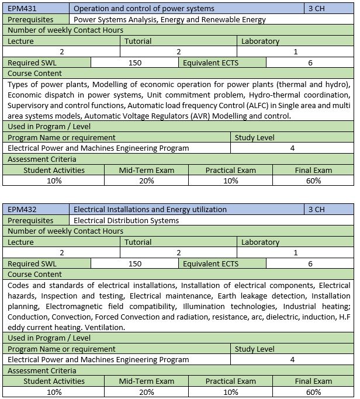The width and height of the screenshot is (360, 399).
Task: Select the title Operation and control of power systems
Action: point(144,9)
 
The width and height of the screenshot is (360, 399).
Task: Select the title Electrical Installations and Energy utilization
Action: point(150,209)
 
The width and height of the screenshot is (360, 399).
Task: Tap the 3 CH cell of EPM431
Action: point(316,9)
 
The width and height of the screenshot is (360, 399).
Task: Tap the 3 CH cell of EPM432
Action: point(316,209)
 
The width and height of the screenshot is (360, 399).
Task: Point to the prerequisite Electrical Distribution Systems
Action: point(126,220)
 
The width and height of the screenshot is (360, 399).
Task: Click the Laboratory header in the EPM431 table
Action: point(260,41)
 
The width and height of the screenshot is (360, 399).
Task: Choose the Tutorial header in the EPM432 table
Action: point(138,242)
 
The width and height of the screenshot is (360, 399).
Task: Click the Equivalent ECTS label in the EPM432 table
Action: point(210,263)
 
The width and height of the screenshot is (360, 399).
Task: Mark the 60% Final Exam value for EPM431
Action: point(313,181)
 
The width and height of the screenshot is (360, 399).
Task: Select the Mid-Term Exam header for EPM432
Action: point(147,381)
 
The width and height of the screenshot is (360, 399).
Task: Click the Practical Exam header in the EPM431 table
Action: point(230,170)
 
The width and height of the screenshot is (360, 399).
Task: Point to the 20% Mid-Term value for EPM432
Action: point(147,391)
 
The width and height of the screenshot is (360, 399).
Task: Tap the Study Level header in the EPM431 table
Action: point(254,137)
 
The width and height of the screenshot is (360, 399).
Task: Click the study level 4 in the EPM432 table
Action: point(292,359)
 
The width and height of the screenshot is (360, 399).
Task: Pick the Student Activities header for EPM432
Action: point(54,381)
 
